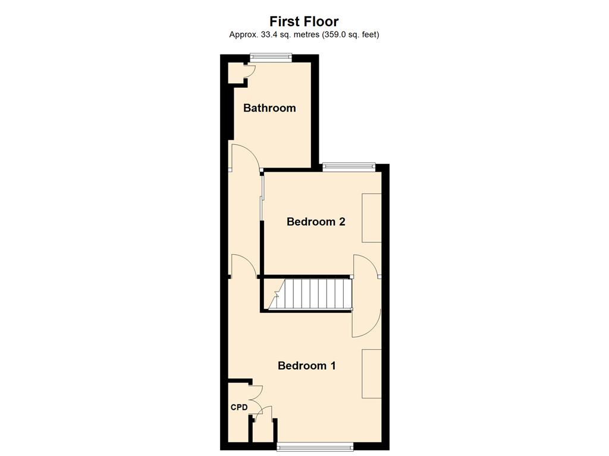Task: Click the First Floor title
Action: (304, 21)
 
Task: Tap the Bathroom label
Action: (269, 108)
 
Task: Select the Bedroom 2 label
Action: (316, 221)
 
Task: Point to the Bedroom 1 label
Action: (307, 366)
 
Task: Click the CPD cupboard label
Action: (239, 407)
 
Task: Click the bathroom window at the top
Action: (271, 58)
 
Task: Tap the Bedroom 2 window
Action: (349, 167)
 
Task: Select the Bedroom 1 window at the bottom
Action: (315, 446)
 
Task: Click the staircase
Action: (309, 294)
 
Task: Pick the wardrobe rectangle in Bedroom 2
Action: (372, 218)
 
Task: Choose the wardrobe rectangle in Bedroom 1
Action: (372, 374)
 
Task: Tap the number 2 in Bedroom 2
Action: (342, 221)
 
